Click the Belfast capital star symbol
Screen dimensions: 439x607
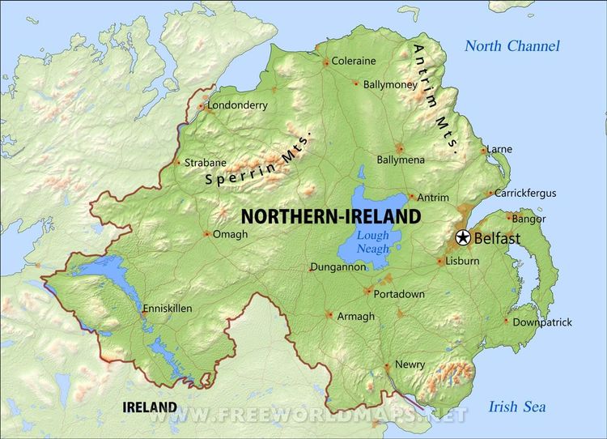click(x=462, y=238)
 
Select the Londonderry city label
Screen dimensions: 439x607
click(x=237, y=105)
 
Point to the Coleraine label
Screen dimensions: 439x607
click(x=354, y=61)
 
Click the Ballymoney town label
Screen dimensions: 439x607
click(x=391, y=83)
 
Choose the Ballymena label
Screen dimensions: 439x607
click(x=401, y=160)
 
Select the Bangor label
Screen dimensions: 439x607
click(x=529, y=219)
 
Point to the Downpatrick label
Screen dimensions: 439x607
click(x=543, y=322)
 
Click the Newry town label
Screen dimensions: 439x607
click(x=410, y=364)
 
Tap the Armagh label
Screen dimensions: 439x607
click(x=355, y=316)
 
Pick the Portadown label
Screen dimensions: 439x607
click(x=400, y=294)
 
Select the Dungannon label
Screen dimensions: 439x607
click(x=338, y=267)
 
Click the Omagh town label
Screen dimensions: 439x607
click(x=230, y=235)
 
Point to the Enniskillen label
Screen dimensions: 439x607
click(x=168, y=309)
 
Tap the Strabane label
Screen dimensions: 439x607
click(x=206, y=162)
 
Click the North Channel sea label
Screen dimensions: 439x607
click(x=512, y=45)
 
